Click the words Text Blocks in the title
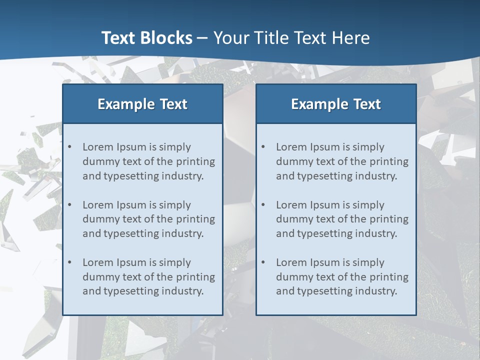pyautogui.click(x=146, y=38)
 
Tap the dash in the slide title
pyautogui.click(x=202, y=38)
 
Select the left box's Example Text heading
pyautogui.click(x=142, y=104)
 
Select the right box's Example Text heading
pyautogui.click(x=336, y=104)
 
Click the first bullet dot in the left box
pyautogui.click(x=70, y=147)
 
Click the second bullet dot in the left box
pyautogui.click(x=70, y=205)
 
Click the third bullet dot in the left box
pyautogui.click(x=70, y=262)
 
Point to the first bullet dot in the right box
pyautogui.click(x=263, y=147)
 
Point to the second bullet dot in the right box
pyautogui.click(x=263, y=205)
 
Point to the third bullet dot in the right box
pyautogui.click(x=263, y=262)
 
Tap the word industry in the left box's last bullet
pyautogui.click(x=182, y=291)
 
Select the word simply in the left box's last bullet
pyautogui.click(x=175, y=262)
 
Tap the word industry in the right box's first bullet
pyautogui.click(x=376, y=176)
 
